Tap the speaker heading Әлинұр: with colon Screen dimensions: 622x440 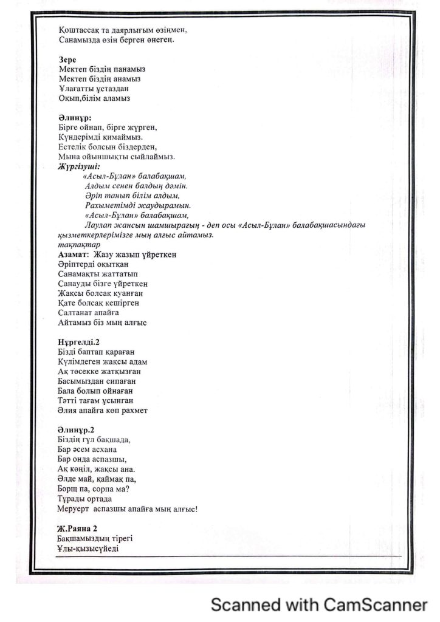click(x=74, y=118)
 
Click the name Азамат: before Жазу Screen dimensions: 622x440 click(x=73, y=255)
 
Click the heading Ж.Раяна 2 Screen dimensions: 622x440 click(x=77, y=528)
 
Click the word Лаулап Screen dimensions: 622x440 click(x=100, y=225)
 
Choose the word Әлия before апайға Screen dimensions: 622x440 click(x=67, y=410)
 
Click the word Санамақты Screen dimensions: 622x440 click(x=80, y=274)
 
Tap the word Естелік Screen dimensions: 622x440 click(x=74, y=147)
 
